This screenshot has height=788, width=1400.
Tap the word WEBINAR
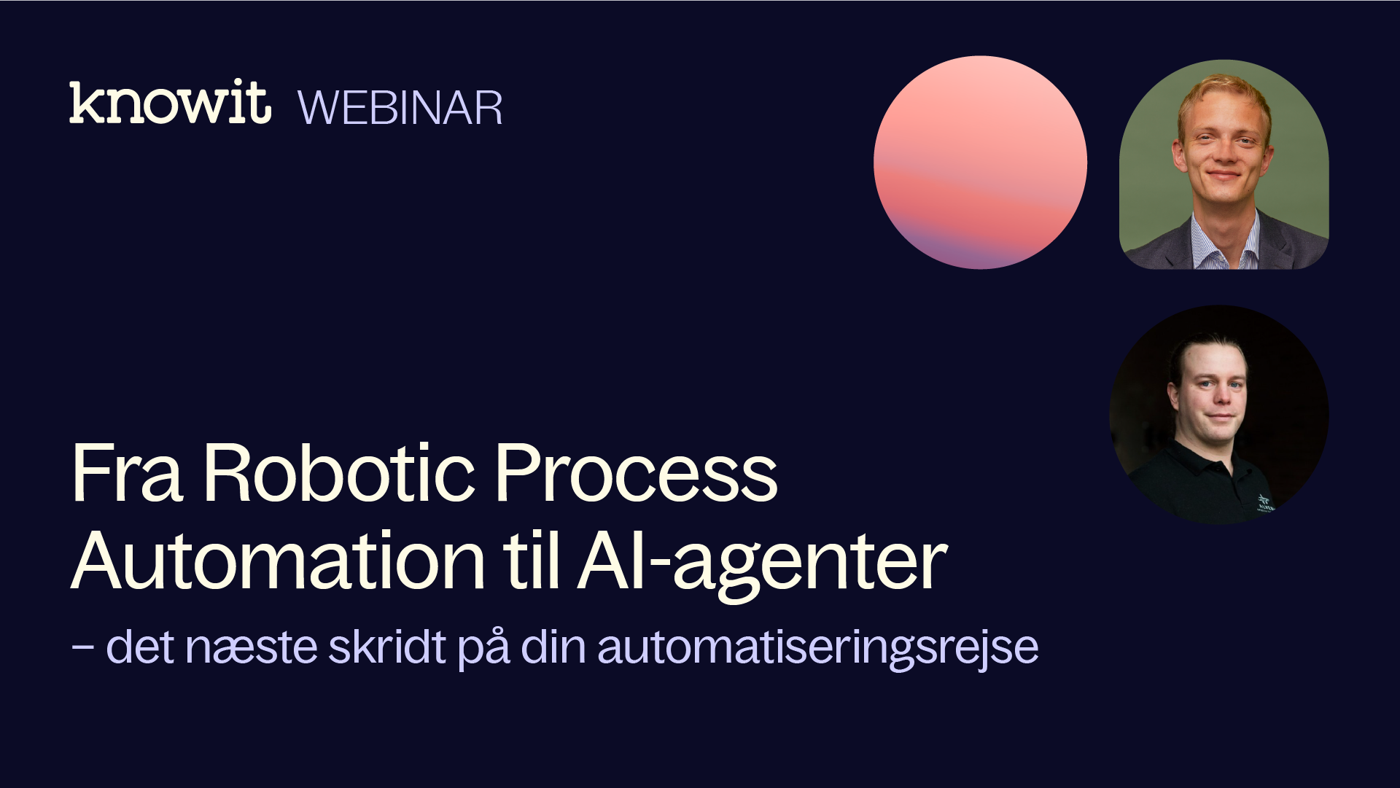(x=400, y=108)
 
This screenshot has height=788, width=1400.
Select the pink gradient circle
(x=980, y=163)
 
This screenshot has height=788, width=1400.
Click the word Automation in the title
(x=278, y=561)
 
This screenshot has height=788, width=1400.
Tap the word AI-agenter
(x=763, y=565)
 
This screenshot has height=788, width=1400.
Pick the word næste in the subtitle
(x=252, y=647)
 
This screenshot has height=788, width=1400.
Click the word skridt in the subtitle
(x=386, y=646)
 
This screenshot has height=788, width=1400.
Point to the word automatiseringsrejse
(x=818, y=648)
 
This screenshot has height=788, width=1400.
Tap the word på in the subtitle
(x=484, y=648)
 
